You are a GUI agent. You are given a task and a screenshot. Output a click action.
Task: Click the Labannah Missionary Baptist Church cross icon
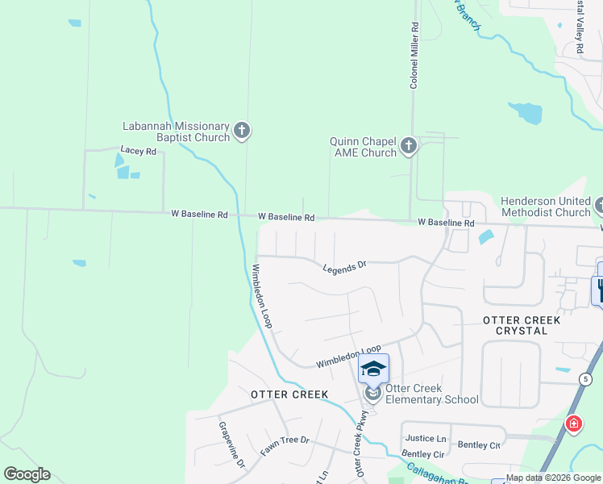pyautogui.click(x=242, y=131)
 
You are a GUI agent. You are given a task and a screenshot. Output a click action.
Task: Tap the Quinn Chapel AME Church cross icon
pyautogui.click(x=409, y=146)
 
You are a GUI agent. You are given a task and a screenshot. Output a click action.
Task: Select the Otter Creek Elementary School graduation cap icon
pyautogui.click(x=373, y=369)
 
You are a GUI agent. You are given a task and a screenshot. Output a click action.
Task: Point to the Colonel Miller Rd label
pyautogui.click(x=414, y=55)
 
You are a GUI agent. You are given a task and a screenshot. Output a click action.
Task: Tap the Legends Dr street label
pyautogui.click(x=344, y=267)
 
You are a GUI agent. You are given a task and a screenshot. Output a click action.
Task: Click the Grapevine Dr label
pyautogui.click(x=231, y=443)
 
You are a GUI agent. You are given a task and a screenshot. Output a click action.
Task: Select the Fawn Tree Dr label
pyautogui.click(x=285, y=446)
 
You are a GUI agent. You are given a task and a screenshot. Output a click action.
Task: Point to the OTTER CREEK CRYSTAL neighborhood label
pyautogui.click(x=521, y=326)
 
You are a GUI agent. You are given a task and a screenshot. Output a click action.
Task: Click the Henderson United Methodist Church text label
pyautogui.click(x=546, y=207)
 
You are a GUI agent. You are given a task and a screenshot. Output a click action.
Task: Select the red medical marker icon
pyautogui.click(x=573, y=423)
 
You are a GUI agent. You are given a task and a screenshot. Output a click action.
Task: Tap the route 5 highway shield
pyautogui.click(x=583, y=378)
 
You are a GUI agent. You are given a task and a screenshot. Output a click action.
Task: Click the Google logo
pyautogui.click(x=27, y=474)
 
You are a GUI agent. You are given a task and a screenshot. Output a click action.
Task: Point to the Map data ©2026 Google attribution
pyautogui.click(x=553, y=478)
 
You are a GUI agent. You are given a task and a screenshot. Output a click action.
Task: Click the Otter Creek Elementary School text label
pyautogui.click(x=431, y=394)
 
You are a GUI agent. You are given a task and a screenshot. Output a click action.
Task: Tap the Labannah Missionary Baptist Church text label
pyautogui.click(x=176, y=131)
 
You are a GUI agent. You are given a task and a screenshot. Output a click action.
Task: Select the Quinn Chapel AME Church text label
pyautogui.click(x=363, y=147)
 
